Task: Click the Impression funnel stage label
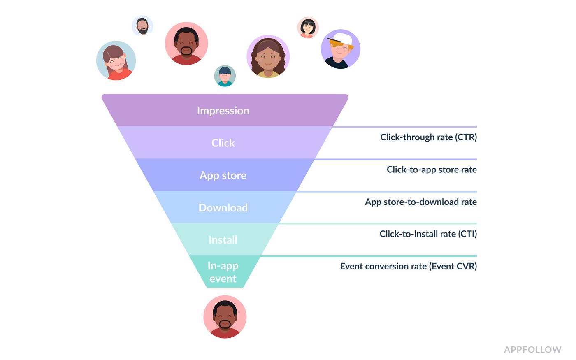click(223, 111)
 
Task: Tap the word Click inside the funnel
click(223, 143)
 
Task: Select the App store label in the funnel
click(223, 175)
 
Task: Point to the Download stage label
click(223, 207)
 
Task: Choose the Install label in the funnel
click(223, 239)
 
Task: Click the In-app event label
click(223, 272)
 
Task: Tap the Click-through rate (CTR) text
click(428, 137)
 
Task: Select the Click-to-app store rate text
click(432, 170)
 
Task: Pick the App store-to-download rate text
click(420, 202)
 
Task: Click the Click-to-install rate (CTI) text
click(428, 234)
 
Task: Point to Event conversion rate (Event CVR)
click(408, 266)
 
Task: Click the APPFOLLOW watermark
click(532, 349)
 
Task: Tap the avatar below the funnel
click(225, 317)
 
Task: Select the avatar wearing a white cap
click(341, 49)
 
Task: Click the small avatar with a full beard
click(142, 26)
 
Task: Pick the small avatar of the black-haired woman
click(308, 28)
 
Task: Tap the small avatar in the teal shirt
click(225, 76)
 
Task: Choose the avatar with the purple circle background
click(268, 56)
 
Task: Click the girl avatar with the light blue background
click(116, 60)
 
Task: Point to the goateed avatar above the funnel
click(186, 43)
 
